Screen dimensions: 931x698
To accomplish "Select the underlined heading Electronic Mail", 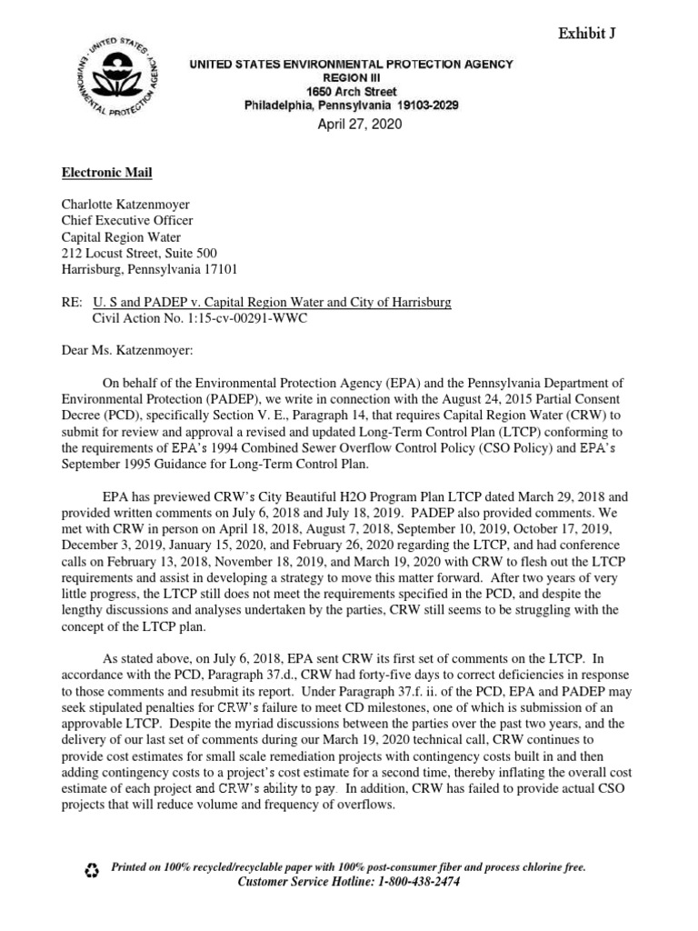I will [x=107, y=173].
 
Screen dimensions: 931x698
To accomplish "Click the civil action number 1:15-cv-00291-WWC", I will [x=247, y=318].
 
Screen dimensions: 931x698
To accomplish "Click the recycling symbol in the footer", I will [x=91, y=871].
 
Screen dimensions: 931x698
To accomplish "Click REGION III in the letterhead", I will [x=351, y=79].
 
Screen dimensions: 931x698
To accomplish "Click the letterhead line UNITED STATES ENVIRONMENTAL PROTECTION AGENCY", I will [x=351, y=65].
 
